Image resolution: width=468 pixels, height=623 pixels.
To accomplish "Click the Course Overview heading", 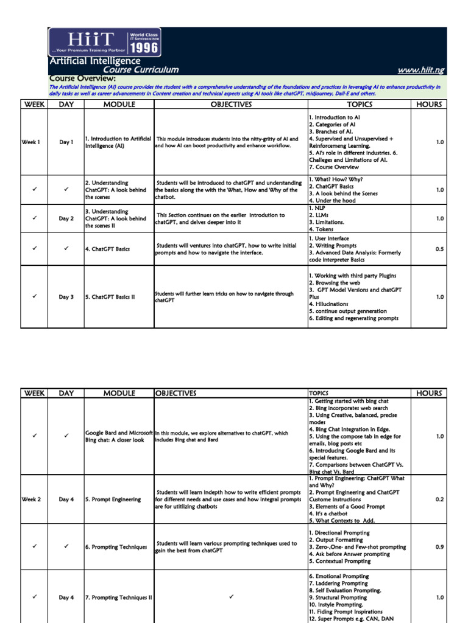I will (x=82, y=78).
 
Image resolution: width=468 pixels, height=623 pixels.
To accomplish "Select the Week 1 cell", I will (x=31, y=142).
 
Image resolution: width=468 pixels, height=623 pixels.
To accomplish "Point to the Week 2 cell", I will (x=31, y=499).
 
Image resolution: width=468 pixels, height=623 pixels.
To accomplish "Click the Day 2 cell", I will (x=66, y=218).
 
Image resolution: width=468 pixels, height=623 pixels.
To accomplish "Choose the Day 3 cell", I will (x=66, y=297).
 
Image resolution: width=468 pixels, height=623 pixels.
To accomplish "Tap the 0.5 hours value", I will (x=439, y=249).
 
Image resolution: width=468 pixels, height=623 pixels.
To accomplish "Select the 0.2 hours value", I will (x=439, y=499).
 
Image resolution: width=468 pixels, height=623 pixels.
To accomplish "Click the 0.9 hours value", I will (x=439, y=547).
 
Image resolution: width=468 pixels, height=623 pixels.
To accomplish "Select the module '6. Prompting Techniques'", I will (x=116, y=547).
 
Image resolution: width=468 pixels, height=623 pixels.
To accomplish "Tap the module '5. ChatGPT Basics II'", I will (x=110, y=297).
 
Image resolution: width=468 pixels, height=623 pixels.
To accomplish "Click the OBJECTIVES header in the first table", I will (x=231, y=105).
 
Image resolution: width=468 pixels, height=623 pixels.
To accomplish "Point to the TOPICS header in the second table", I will (x=318, y=394).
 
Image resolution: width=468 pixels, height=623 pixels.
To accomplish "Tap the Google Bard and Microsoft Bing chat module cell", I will (x=118, y=436).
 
